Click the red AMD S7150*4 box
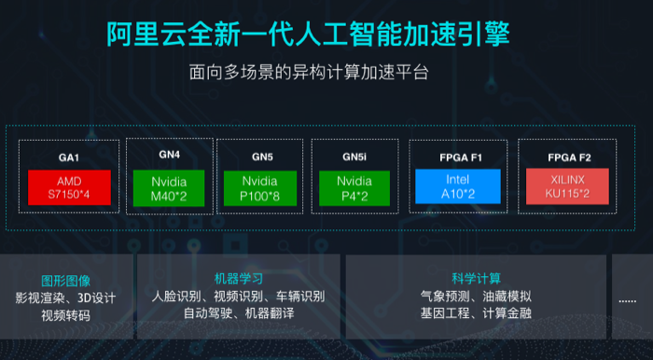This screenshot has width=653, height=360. [x=70, y=187]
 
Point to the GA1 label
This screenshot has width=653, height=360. [x=71, y=156]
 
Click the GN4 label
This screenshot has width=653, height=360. [x=169, y=154]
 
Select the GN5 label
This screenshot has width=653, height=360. [x=260, y=156]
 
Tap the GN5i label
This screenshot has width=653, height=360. [x=354, y=156]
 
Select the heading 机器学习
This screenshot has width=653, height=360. [x=238, y=279]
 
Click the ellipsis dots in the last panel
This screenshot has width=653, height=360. [x=627, y=299]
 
